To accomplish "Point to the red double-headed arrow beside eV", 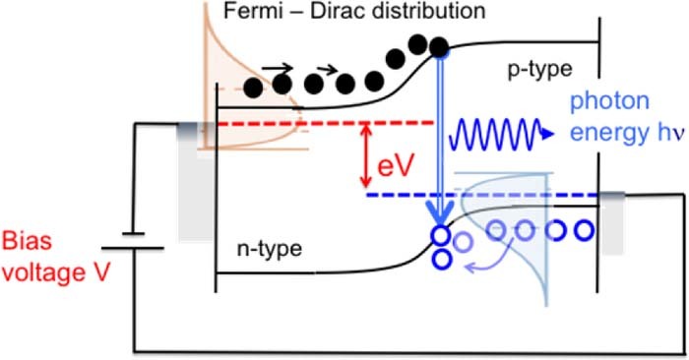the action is coord(366,155).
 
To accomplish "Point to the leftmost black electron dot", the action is coord(255,88).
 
